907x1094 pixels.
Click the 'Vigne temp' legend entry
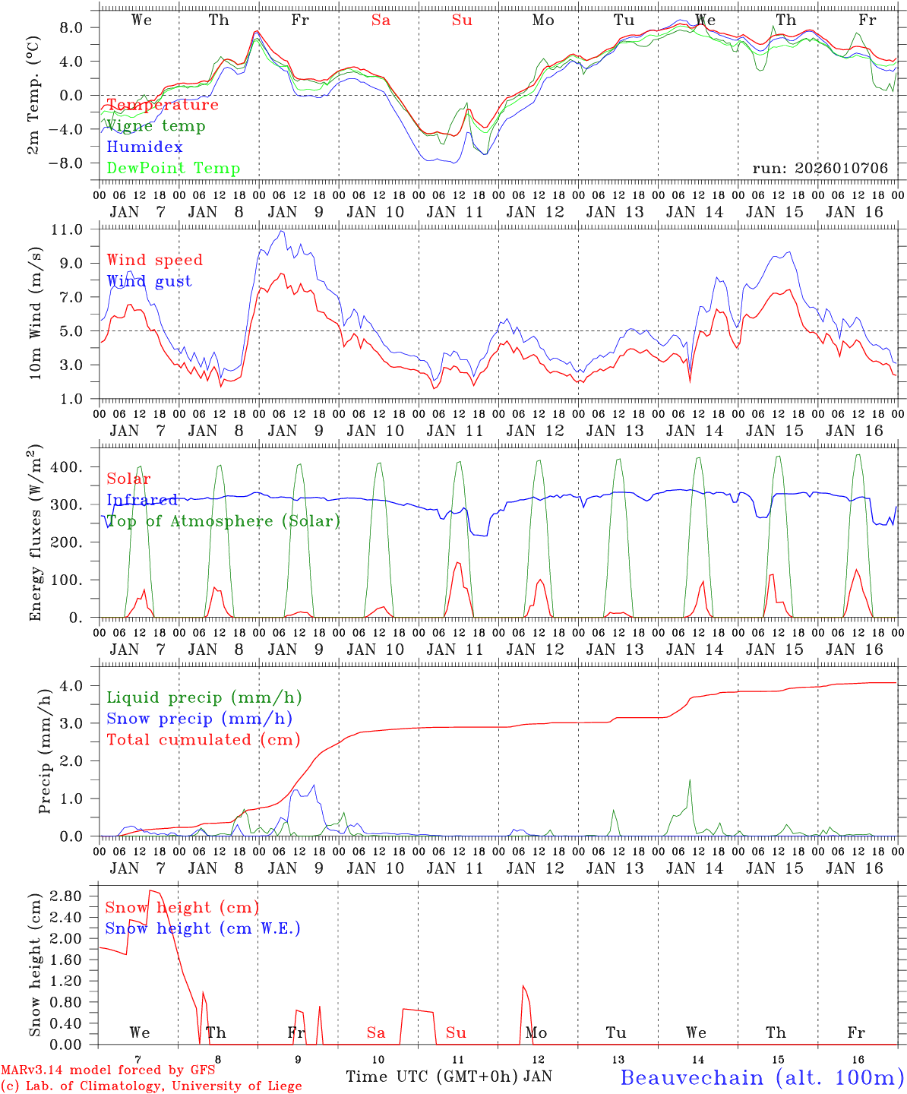coord(155,126)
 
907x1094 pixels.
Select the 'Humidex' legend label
coord(144,147)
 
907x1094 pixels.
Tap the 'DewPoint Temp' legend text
coord(173,169)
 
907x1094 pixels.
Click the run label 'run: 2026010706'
coord(820,169)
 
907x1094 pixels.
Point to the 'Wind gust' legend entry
coord(149,281)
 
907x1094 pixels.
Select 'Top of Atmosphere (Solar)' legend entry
coord(223,521)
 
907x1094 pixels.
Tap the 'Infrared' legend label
coord(142,500)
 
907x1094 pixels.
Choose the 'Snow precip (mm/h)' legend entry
coord(199,719)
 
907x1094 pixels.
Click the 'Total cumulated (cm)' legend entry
coord(203,740)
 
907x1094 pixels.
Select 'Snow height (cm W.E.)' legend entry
coord(202,928)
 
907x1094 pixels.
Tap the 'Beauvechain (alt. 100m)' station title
coord(762,1077)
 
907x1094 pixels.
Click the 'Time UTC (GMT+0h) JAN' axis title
coord(449,1077)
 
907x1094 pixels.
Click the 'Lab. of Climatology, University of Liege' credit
coord(151,1086)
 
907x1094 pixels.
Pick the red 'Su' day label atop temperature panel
coord(462,21)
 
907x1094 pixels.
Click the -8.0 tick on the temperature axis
coord(76,163)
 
